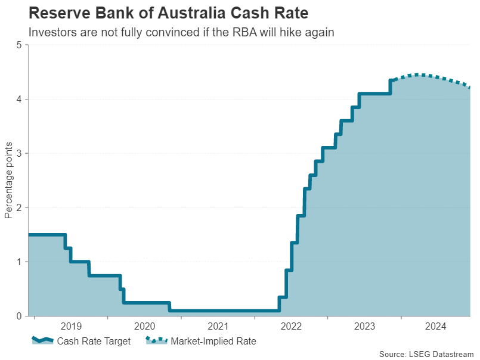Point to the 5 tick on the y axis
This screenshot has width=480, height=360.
tap(19, 45)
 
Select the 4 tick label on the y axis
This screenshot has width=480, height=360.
tap(19, 100)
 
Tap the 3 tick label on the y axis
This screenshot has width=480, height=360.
tap(19, 154)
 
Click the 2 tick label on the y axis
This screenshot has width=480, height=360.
tap(19, 208)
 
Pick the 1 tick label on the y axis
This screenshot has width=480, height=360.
tap(19, 262)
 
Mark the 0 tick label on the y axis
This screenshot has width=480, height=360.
tap(19, 316)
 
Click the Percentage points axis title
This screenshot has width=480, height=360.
tap(8, 181)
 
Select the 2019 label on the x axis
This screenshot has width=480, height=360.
tap(71, 327)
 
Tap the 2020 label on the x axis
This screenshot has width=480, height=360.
tap(144, 327)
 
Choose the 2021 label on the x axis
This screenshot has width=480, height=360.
tap(218, 327)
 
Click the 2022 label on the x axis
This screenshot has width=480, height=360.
tap(291, 327)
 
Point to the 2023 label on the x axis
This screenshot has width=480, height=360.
tap(364, 327)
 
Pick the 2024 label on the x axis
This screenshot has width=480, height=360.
tap(437, 327)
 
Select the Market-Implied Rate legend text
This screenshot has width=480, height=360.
tap(213, 342)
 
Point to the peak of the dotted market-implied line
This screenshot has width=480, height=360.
tap(419, 75)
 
